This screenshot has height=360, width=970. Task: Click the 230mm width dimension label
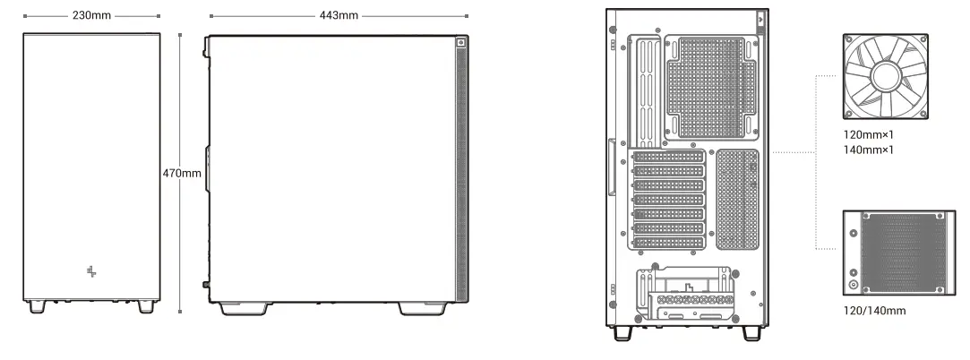(x=91, y=15)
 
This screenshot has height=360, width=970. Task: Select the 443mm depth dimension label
(x=339, y=15)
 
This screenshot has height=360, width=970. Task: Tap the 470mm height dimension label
(x=182, y=173)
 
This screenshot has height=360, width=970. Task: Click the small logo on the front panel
(x=91, y=270)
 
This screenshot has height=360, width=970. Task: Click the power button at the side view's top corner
(x=461, y=41)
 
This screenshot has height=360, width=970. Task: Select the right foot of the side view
(x=422, y=308)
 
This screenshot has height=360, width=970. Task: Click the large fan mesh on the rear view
(x=707, y=86)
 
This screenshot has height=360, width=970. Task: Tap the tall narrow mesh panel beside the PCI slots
(x=737, y=199)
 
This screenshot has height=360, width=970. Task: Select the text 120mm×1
(x=869, y=134)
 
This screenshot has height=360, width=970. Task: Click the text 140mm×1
(x=869, y=150)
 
